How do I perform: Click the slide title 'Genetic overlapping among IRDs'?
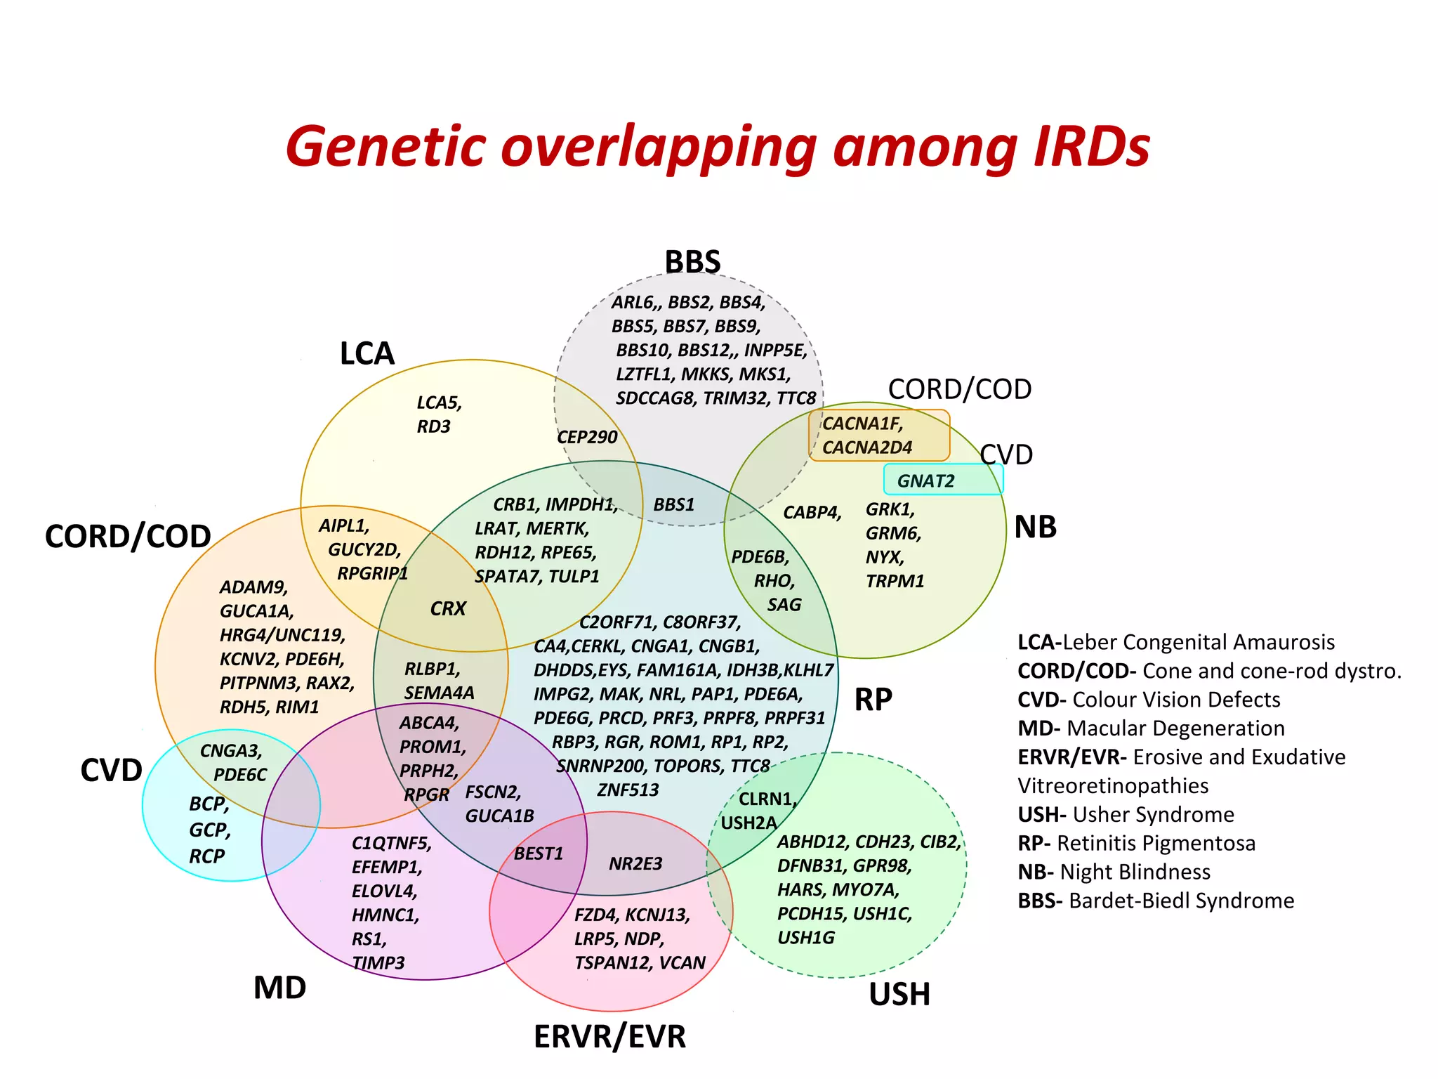[718, 146]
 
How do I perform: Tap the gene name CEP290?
[587, 437]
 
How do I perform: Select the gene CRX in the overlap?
[448, 608]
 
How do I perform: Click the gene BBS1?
[673, 504]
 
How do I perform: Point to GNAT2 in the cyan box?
[925, 481]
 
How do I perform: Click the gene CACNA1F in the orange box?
[862, 424]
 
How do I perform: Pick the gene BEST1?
[539, 854]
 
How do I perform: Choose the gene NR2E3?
[635, 864]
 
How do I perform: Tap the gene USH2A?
[748, 823]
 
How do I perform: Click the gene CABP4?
[812, 512]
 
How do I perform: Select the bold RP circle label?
[873, 700]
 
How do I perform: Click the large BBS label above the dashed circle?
[692, 262]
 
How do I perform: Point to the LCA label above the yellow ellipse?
[367, 353]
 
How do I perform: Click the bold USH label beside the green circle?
[899, 994]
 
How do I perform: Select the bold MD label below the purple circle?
[279, 988]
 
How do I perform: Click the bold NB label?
[1035, 527]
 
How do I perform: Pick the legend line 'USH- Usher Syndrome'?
[1126, 814]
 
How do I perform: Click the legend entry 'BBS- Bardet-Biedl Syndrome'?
[1156, 901]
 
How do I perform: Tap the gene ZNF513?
[628, 790]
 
